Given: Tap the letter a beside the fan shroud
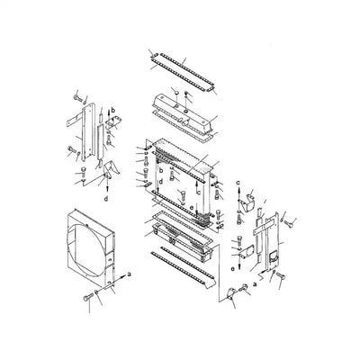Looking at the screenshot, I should point(130,272).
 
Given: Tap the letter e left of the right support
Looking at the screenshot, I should point(234,267).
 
